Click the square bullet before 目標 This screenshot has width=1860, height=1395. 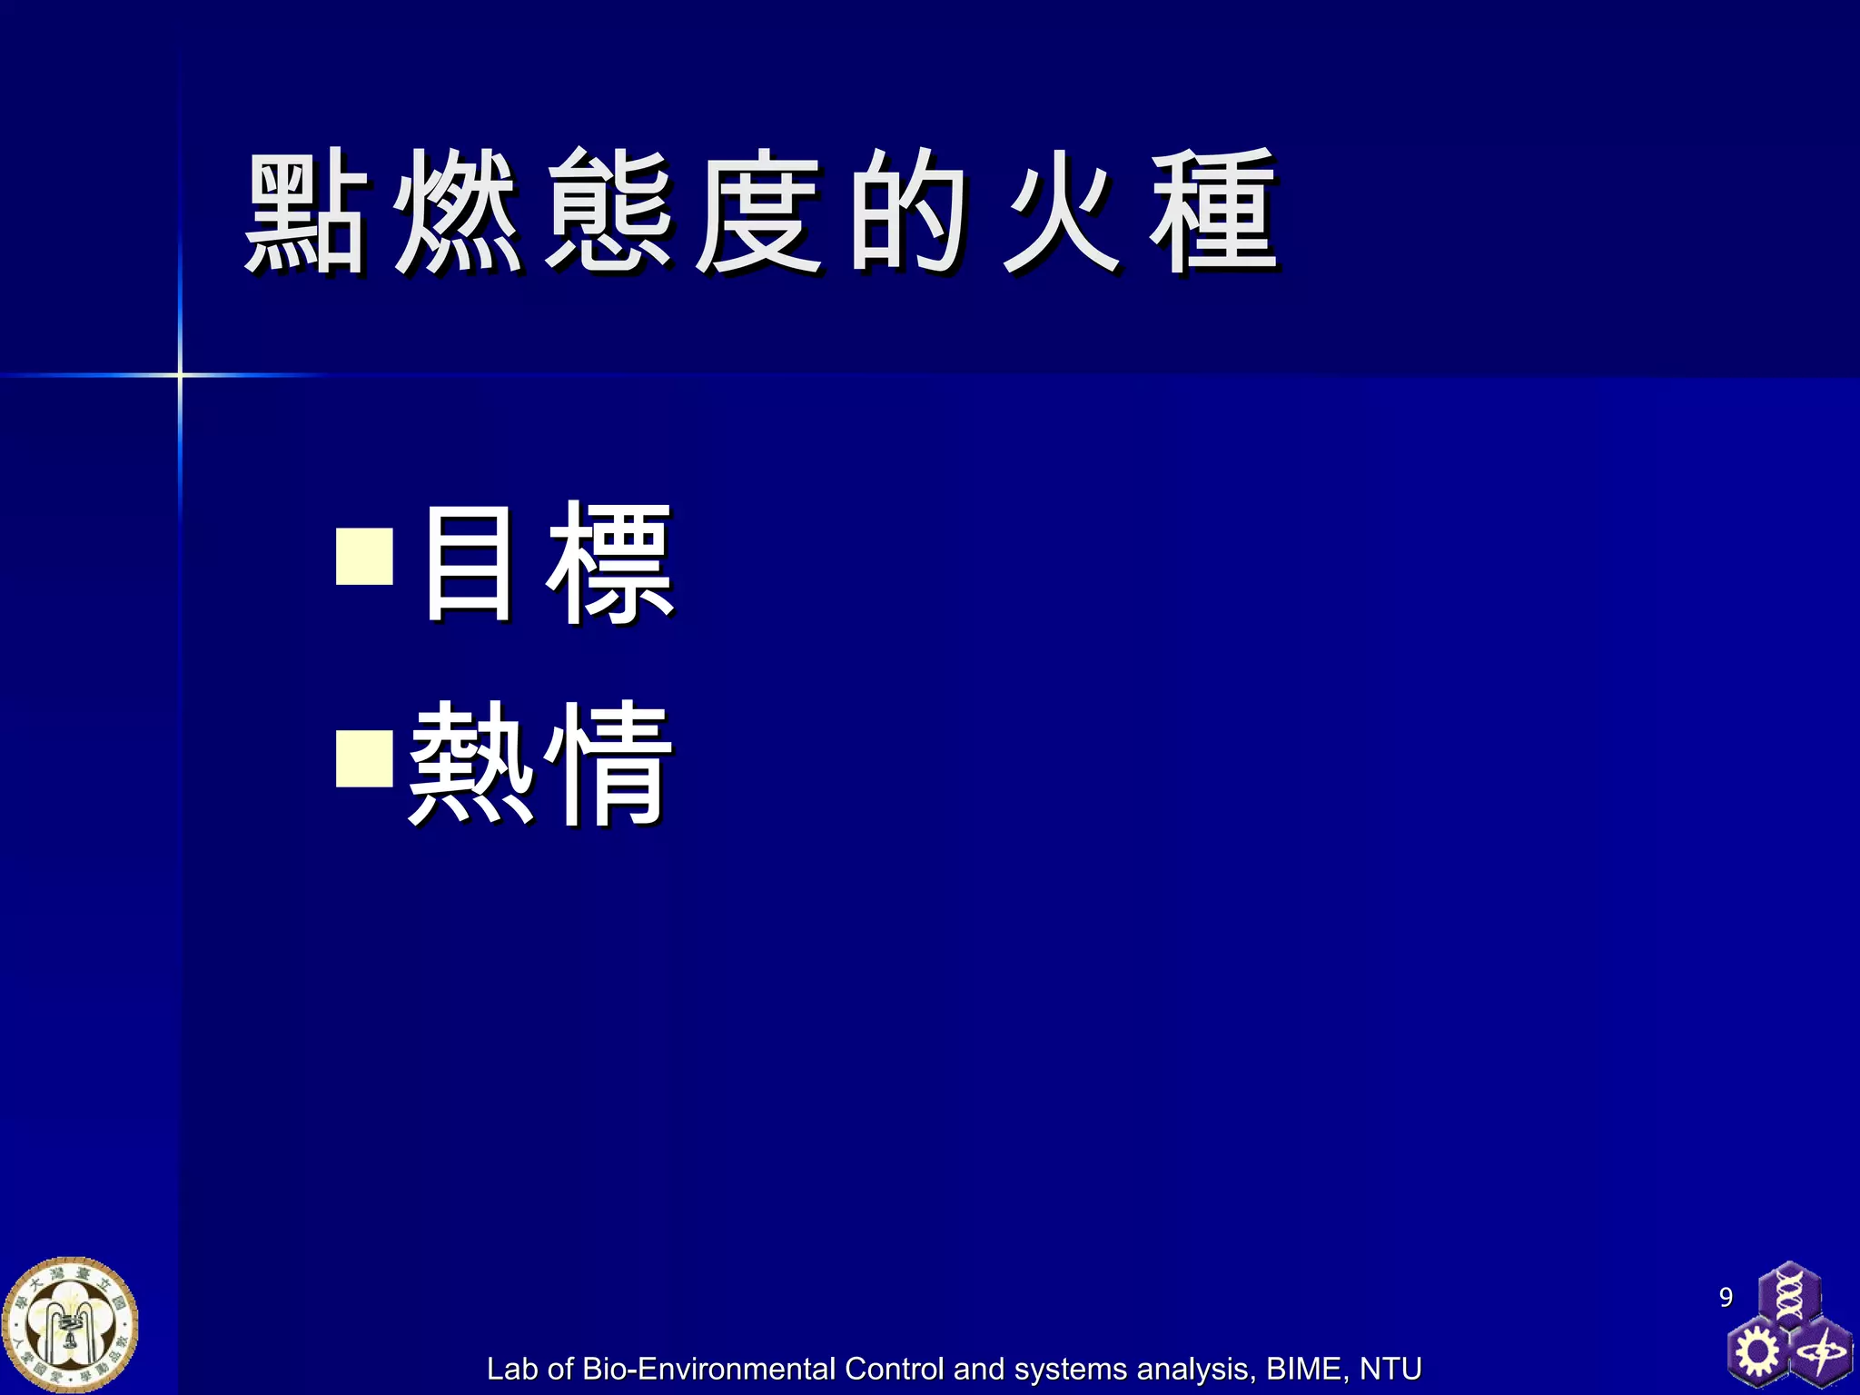click(x=364, y=556)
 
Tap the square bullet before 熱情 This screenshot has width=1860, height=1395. click(x=364, y=758)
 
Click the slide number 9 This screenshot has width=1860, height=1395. click(x=1726, y=1297)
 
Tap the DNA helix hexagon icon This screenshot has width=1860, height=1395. click(x=1788, y=1295)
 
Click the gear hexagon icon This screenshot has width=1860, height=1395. click(x=1757, y=1352)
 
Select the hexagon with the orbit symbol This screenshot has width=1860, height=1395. click(x=1820, y=1354)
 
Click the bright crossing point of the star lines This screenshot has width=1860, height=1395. click(x=180, y=374)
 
